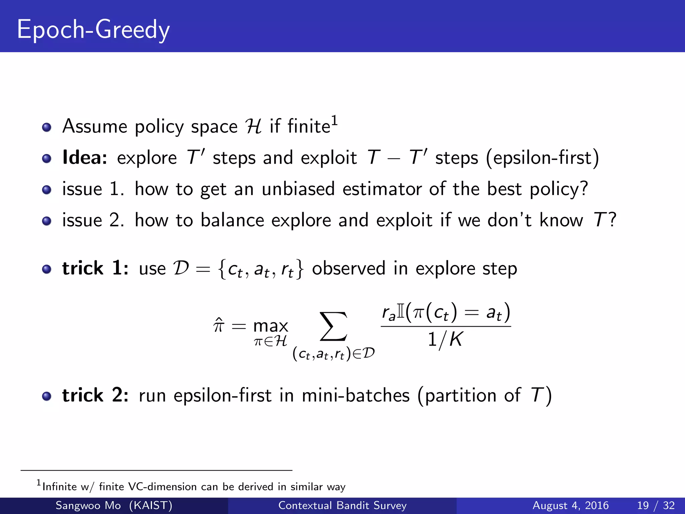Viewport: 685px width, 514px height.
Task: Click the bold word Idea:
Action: coord(85,158)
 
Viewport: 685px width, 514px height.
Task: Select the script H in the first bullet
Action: coord(253,127)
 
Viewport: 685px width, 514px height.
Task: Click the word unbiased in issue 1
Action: coord(298,189)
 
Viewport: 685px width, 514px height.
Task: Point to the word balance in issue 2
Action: coord(232,221)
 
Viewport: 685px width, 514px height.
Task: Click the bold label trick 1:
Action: coord(95,268)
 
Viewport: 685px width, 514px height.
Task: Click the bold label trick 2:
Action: coord(95,395)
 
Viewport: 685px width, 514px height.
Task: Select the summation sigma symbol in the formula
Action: coord(333,327)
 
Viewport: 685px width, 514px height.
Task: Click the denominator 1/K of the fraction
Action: coord(445,340)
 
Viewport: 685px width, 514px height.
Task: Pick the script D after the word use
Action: coord(181,268)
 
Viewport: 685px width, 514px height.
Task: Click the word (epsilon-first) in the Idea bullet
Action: coord(542,158)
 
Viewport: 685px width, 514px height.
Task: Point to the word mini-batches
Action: coord(356,395)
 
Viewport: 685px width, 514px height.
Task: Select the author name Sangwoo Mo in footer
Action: coord(88,505)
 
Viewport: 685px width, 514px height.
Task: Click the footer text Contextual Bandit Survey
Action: coord(342,505)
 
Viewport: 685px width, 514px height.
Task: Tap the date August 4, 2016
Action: coord(570,505)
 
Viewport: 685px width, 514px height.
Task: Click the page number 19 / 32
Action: coord(656,505)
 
